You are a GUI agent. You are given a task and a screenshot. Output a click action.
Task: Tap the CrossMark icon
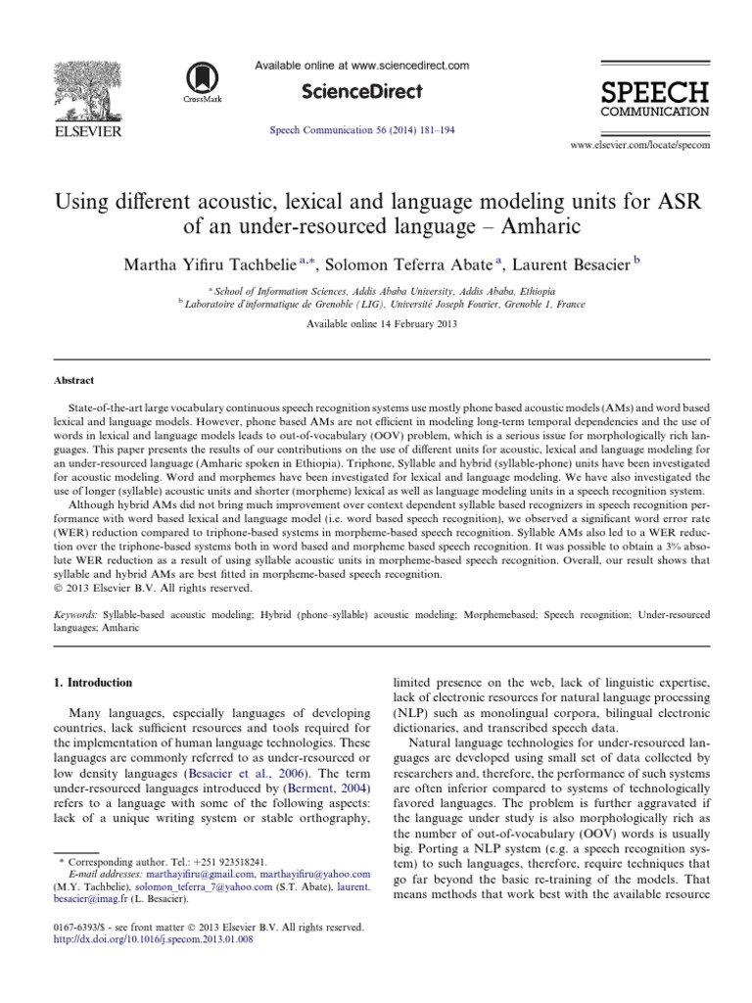click(x=204, y=77)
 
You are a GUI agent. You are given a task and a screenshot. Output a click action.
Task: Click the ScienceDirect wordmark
click(x=362, y=92)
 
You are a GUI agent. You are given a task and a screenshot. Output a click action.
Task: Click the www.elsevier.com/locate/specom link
click(x=639, y=144)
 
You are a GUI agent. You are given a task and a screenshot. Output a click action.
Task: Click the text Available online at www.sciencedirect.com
click(x=361, y=65)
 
